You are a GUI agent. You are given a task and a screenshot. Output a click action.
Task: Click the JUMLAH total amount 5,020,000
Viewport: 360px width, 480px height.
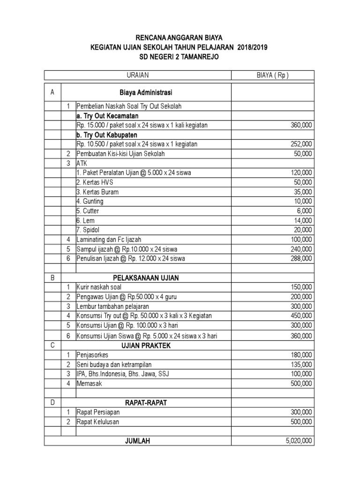pos(299,441)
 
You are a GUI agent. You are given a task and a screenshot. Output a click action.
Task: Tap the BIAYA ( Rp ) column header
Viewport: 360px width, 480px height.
pos(273,75)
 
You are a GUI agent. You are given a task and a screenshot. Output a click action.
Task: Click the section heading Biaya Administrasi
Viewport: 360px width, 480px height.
pos(146,92)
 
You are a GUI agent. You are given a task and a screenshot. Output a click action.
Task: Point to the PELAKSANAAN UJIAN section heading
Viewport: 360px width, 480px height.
pos(146,278)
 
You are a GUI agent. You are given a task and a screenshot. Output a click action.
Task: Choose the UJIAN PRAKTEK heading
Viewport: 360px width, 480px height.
pos(146,345)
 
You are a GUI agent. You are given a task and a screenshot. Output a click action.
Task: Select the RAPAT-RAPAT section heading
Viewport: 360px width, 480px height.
pos(146,403)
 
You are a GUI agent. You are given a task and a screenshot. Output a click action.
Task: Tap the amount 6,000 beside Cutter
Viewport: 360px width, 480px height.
pos(304,211)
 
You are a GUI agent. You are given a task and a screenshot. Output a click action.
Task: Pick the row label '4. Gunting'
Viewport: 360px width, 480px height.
pos(90,202)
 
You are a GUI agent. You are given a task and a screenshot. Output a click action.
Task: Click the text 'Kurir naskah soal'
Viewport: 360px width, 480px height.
pos(96,287)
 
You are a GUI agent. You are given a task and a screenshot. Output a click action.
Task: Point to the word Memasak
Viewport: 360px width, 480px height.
pos(89,383)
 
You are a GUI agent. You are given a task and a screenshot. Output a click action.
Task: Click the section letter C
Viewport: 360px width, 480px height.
pos(52,345)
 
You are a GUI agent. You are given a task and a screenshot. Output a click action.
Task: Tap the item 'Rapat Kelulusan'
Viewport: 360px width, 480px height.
pos(98,422)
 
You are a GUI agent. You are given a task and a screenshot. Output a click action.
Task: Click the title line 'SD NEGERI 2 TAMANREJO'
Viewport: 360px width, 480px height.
pos(180,57)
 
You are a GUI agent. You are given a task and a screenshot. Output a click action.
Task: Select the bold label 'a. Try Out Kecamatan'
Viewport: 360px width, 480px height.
pos(107,116)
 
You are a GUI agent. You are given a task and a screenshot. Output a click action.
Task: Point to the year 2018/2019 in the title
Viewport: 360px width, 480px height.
pos(253,47)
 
